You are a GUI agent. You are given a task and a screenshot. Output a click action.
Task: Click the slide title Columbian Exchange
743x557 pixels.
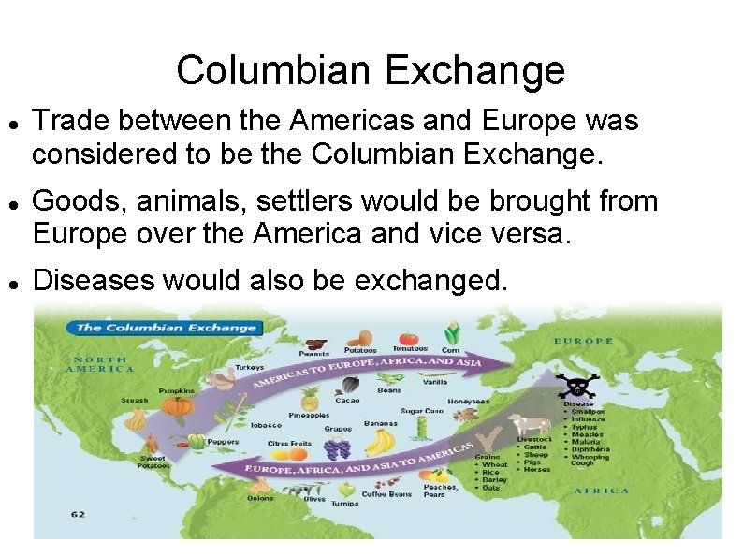(371, 70)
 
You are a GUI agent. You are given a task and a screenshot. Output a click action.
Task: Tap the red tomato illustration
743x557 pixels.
(409, 338)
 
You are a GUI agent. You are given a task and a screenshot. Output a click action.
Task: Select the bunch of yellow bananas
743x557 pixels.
(380, 441)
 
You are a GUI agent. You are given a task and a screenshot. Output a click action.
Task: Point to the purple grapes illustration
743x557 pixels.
(337, 447)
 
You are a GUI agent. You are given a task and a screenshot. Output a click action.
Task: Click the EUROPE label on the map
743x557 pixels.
(583, 341)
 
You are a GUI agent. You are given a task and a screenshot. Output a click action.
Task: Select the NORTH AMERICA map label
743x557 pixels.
(103, 364)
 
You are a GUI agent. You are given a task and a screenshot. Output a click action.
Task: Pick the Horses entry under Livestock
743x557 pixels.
(538, 469)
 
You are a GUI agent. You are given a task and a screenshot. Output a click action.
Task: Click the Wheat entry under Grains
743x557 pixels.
(495, 464)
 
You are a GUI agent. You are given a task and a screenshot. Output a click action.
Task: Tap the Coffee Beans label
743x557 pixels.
(387, 494)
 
